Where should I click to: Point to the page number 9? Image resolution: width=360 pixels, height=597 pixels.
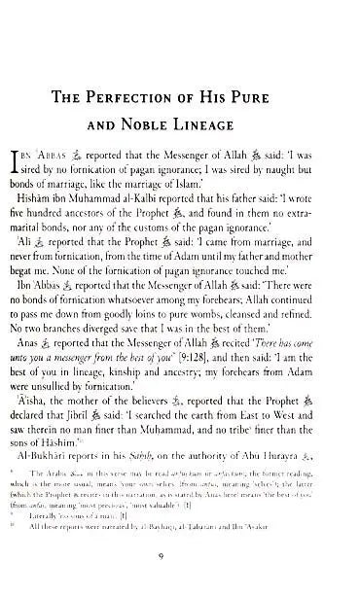[x=182, y=580]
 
